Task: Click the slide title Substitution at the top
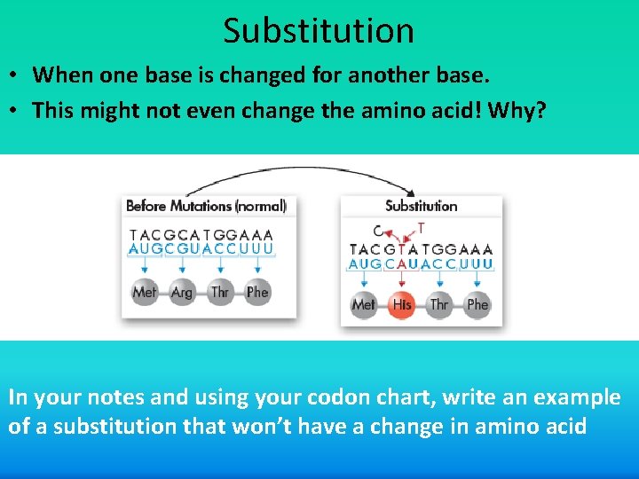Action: [319, 31]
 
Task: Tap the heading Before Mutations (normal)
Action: [206, 206]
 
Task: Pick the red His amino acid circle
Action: [401, 304]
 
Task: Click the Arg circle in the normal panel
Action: [182, 292]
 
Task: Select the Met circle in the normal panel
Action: [144, 292]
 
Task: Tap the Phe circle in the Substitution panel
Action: [477, 304]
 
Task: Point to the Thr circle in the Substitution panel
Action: [439, 304]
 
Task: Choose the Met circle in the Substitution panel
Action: [364, 304]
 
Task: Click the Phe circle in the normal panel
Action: [257, 292]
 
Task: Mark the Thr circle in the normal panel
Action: [219, 292]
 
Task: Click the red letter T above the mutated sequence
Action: [421, 227]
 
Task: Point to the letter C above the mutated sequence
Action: [379, 231]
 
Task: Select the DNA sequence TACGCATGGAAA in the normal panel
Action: [201, 235]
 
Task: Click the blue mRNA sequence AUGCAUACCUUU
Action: [421, 264]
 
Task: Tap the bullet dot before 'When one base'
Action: [16, 76]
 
